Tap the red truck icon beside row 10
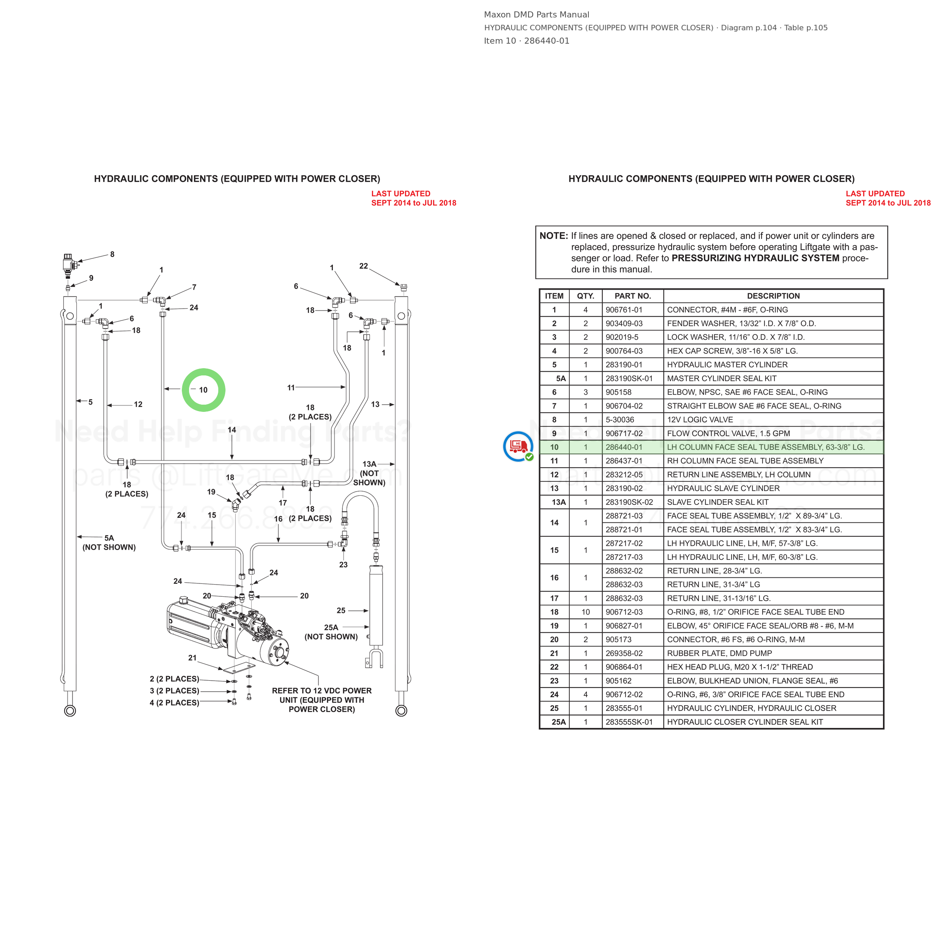pos(518,446)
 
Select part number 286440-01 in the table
pos(624,447)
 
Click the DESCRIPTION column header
pos(773,296)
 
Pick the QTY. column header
pos(585,296)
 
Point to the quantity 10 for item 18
pos(585,612)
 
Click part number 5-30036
pos(620,419)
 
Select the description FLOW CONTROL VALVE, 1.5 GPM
pos(728,433)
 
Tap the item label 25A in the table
pos(558,722)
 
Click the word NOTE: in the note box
pos(553,236)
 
